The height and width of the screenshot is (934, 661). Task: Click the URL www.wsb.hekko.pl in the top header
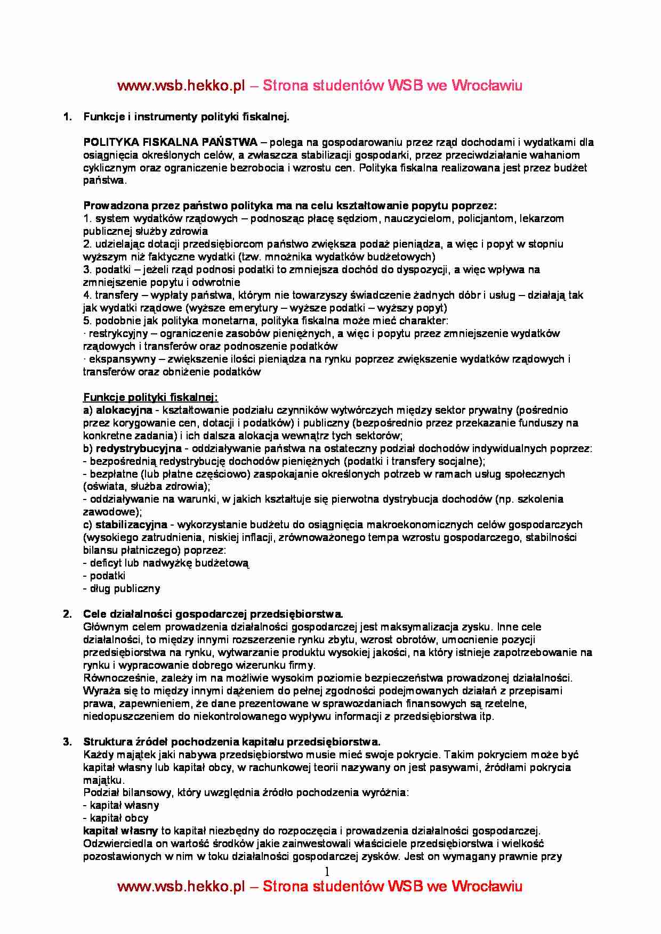[x=181, y=86]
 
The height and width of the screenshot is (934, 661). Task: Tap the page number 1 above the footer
[x=327, y=872]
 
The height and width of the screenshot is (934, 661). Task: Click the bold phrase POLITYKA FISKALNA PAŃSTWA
[x=170, y=142]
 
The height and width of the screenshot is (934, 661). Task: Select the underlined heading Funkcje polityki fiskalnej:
[x=151, y=397]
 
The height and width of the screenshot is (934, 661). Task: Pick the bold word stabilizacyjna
[x=131, y=525]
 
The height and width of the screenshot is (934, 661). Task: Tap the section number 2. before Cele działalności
[x=67, y=614]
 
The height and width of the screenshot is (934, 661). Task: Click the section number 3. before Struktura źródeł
[x=67, y=742]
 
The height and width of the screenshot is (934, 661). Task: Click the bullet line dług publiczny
[x=125, y=589]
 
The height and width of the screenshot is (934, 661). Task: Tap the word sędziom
[x=361, y=219]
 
